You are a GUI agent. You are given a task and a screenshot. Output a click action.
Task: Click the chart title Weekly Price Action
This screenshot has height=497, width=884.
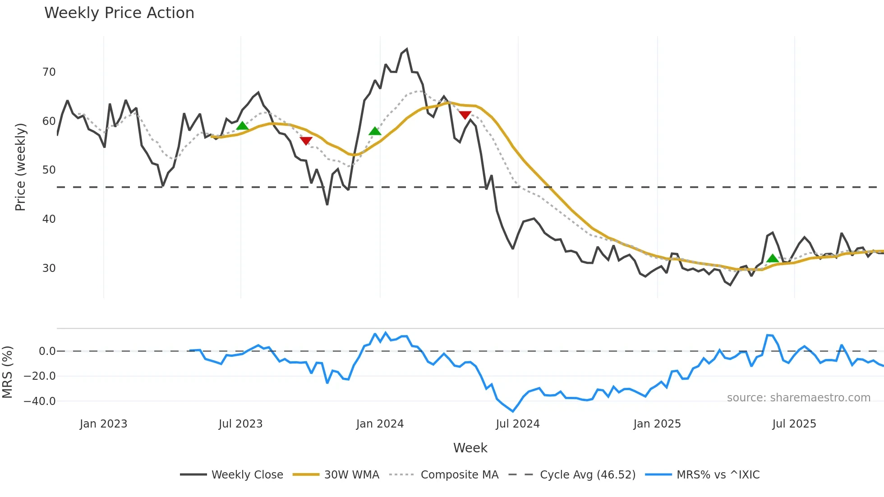tap(119, 13)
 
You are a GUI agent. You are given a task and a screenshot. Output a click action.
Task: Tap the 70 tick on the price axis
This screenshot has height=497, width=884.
tap(49, 72)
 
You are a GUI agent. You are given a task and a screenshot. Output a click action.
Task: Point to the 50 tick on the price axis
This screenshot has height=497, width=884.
tap(49, 170)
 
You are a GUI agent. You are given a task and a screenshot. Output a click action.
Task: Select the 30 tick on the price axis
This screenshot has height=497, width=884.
tap(49, 268)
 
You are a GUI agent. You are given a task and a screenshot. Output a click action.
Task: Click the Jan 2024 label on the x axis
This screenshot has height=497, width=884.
tap(380, 424)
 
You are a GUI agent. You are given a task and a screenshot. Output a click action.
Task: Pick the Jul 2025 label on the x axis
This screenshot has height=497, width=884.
tap(794, 424)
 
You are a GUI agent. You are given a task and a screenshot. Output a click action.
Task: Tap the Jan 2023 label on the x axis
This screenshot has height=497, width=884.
tap(103, 424)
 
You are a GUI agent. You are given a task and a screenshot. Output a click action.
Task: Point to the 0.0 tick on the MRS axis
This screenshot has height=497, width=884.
tap(47, 351)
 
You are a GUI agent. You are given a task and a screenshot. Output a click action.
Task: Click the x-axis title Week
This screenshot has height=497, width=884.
tap(470, 448)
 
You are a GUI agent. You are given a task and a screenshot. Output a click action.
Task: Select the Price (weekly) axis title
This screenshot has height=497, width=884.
tap(20, 167)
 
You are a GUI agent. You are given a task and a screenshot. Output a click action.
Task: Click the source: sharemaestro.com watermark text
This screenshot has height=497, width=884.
tap(798, 398)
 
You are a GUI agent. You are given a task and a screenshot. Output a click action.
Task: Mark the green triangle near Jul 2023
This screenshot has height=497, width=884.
tap(242, 126)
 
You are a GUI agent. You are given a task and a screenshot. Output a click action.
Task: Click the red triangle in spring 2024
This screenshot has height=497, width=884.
tap(465, 115)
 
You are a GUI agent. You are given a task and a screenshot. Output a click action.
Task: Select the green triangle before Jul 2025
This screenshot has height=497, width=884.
tap(773, 258)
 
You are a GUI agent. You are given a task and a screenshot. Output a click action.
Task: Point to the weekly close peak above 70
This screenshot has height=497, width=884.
tap(407, 49)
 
